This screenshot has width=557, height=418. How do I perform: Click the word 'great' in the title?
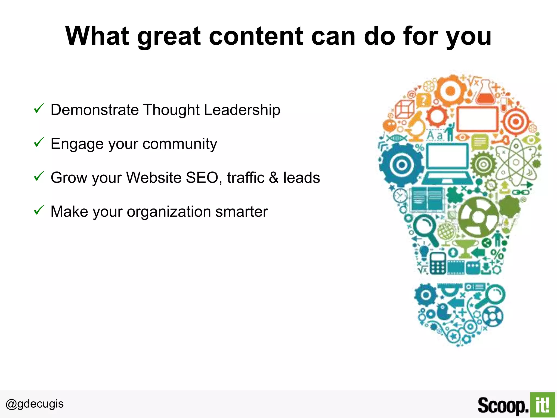pyautogui.click(x=169, y=37)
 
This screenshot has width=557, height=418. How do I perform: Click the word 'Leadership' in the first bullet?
pyautogui.click(x=242, y=110)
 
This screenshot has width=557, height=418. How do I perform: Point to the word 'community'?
pyautogui.click(x=180, y=144)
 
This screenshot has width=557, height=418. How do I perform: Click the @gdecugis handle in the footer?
pyautogui.click(x=35, y=404)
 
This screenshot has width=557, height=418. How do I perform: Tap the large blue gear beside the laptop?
pyautogui.click(x=401, y=165)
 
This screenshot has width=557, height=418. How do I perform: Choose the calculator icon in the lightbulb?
pyautogui.click(x=437, y=263)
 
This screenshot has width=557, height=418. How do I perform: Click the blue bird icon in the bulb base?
pyautogui.click(x=444, y=312)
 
